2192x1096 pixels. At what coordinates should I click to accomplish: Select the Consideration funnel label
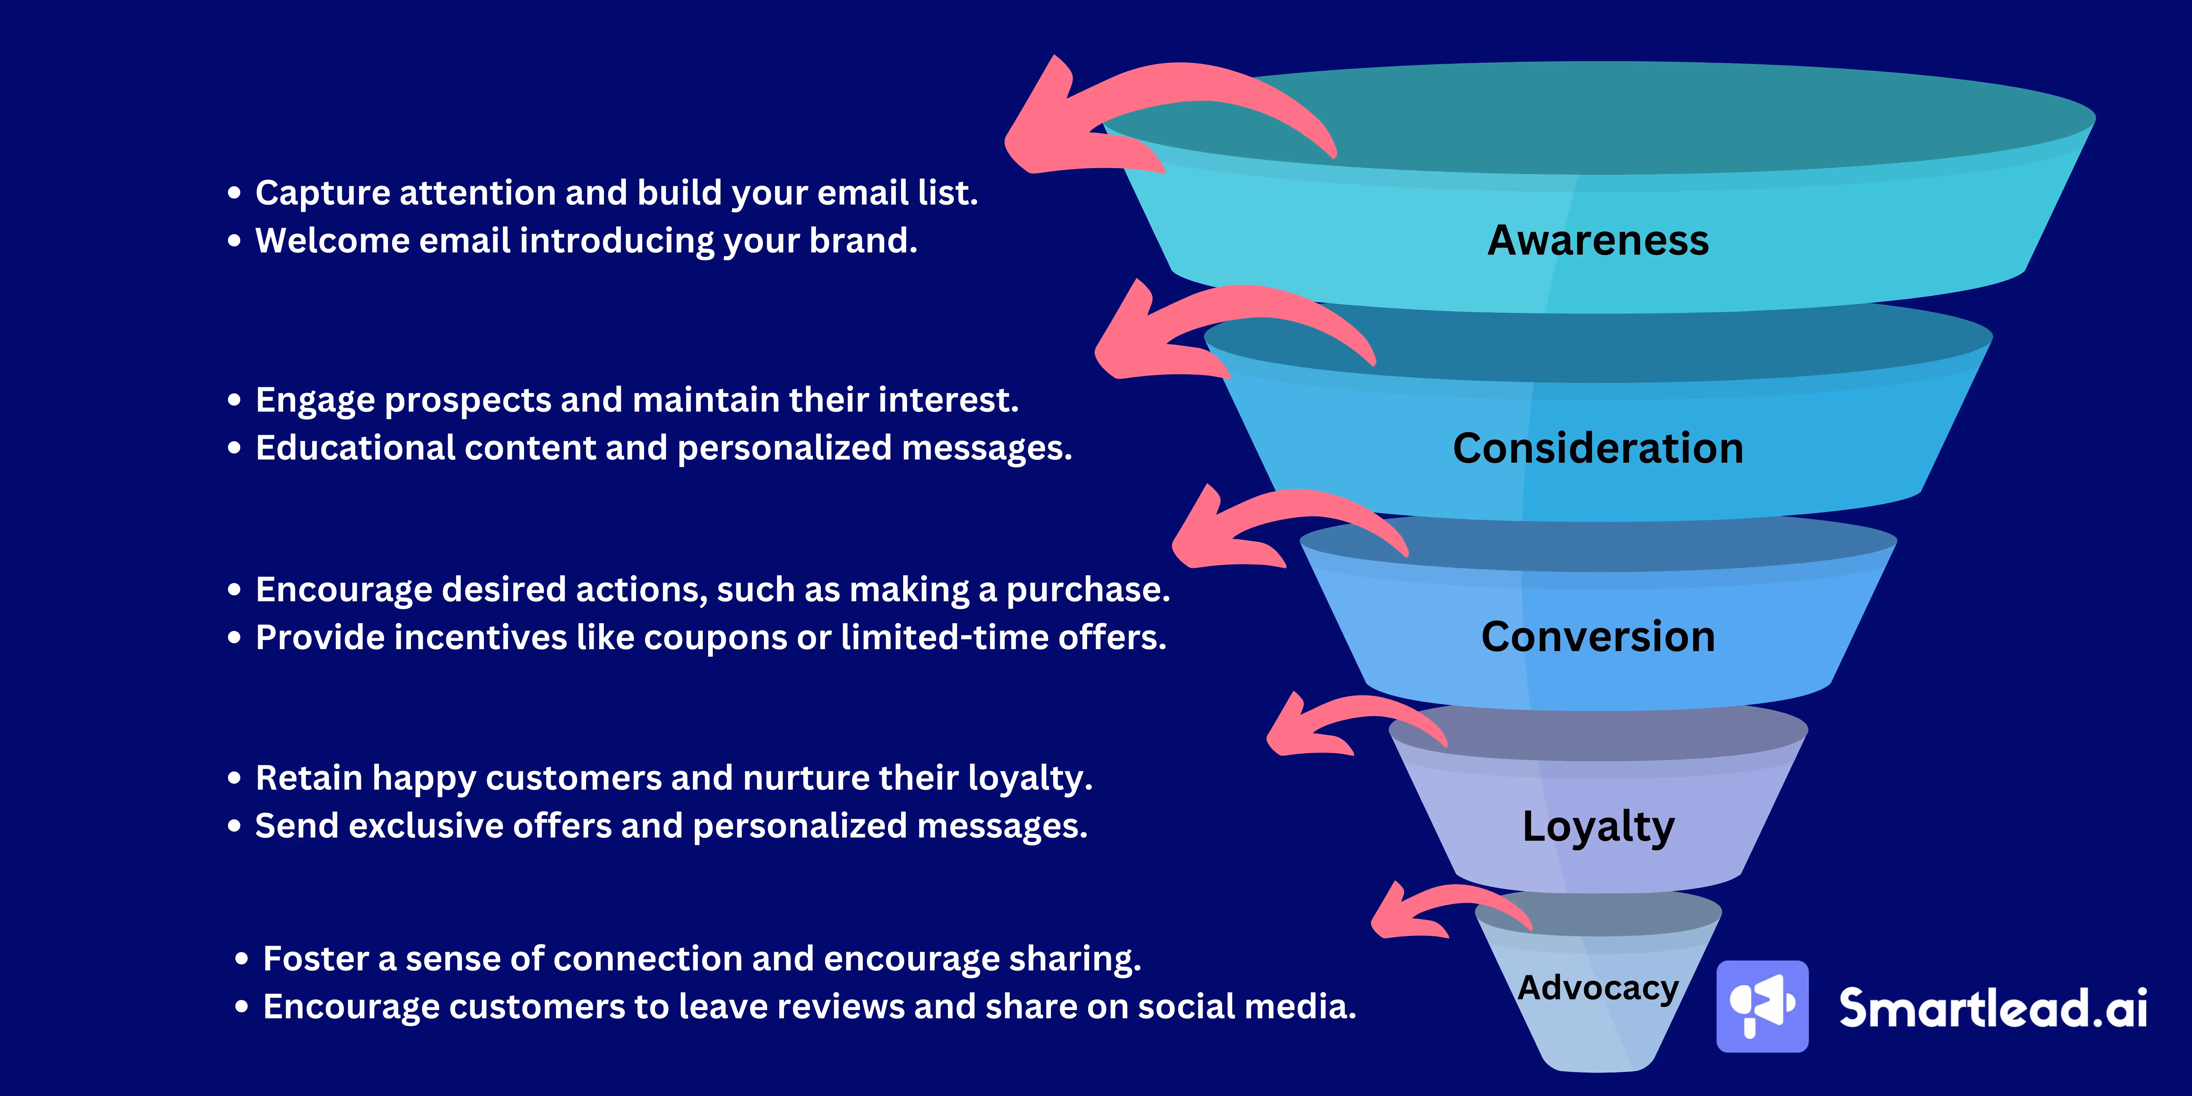1598,448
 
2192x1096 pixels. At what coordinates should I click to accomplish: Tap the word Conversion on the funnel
1598,636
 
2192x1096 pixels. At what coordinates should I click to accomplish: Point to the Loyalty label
1598,826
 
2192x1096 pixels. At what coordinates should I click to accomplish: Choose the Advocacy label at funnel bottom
1598,988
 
